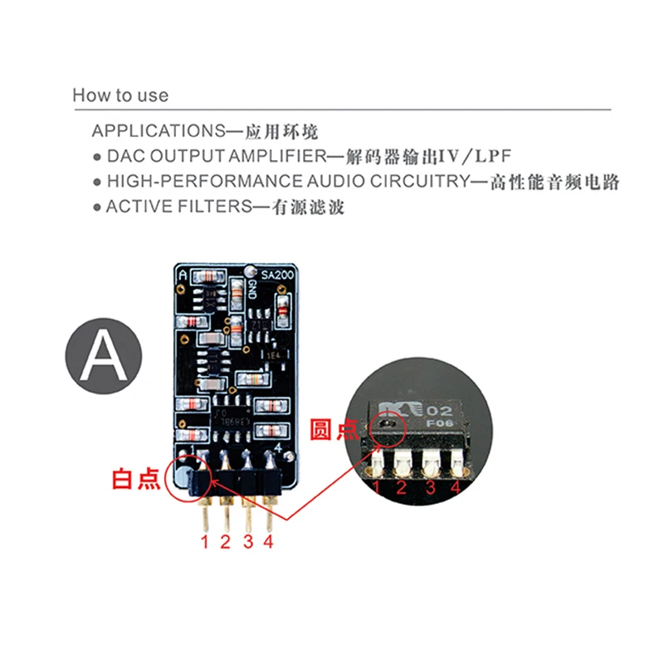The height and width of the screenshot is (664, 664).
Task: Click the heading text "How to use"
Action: pos(120,95)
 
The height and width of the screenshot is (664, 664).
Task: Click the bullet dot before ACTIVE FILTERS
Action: pos(96,207)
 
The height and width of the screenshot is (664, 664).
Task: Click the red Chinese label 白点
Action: pos(137,479)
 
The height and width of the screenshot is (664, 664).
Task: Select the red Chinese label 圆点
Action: pos(334,429)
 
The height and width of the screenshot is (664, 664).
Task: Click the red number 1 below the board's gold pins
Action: pos(205,543)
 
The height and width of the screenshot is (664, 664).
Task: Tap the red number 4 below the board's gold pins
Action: pos(268,543)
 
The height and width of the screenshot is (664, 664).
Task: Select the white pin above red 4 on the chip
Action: pos(456,461)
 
